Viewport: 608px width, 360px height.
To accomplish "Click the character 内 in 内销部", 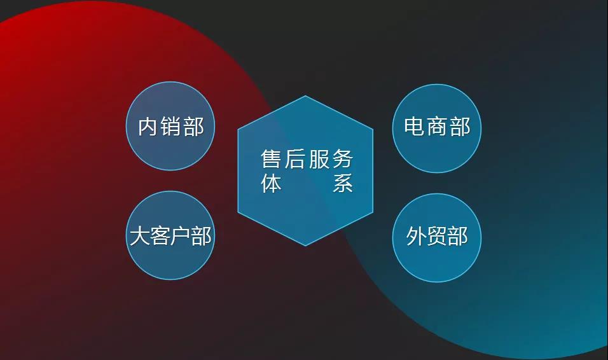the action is click(x=148, y=127).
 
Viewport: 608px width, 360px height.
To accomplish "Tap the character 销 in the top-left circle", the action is click(x=170, y=127).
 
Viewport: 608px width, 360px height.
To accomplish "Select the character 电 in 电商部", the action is click(x=414, y=127).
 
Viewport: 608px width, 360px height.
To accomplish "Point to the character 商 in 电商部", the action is click(x=437, y=127).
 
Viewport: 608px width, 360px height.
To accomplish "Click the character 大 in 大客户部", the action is click(x=139, y=236).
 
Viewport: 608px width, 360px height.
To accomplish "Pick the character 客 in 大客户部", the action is click(x=160, y=236).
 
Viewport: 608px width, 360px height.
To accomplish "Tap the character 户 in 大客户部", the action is click(x=181, y=236).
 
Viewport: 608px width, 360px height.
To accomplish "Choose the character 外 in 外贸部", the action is click(x=416, y=236).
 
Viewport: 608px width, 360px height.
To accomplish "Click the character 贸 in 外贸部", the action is click(x=437, y=236).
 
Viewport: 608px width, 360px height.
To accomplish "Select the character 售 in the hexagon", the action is click(x=271, y=159).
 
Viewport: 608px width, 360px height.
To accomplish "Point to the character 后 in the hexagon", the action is click(x=294, y=159).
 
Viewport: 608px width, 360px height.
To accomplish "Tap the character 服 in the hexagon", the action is click(x=319, y=159).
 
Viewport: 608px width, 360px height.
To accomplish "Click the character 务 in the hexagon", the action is click(x=343, y=159).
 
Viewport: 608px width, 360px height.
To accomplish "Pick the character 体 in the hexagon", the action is click(x=271, y=183).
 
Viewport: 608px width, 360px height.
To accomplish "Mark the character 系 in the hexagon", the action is click(x=343, y=183).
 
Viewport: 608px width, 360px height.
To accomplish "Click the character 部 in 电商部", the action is click(x=460, y=127).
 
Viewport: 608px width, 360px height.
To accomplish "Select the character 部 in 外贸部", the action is click(x=457, y=236).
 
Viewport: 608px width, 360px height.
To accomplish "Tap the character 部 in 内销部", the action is click(x=193, y=127).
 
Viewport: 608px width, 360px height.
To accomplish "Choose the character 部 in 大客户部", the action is click(x=201, y=236).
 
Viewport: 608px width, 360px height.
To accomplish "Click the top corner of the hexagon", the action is click(x=305, y=95).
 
